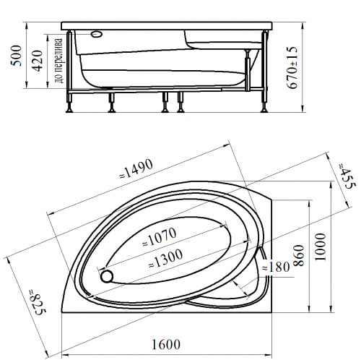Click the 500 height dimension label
point(17,56)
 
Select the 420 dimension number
point(38,61)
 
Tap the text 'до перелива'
point(58,61)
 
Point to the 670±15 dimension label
point(292,67)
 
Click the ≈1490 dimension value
point(136,169)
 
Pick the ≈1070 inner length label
point(160,237)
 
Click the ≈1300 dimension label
point(165,259)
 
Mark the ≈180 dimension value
point(276,267)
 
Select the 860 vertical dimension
point(299,255)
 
